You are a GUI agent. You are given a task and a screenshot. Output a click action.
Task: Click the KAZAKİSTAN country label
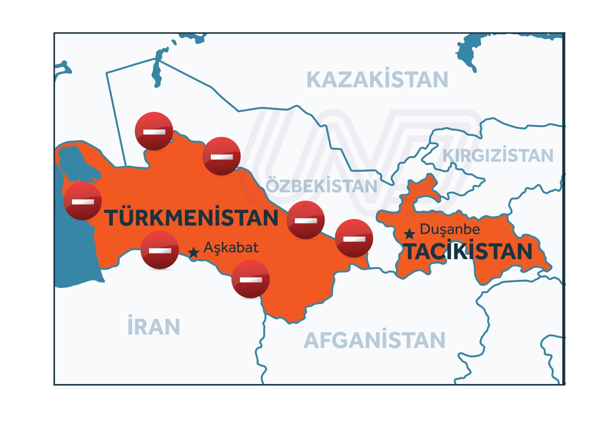(377, 80)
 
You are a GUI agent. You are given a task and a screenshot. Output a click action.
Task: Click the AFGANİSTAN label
(374, 340)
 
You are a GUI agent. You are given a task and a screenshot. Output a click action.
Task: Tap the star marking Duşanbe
(409, 234)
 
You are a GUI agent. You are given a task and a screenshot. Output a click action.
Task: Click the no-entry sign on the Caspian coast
(83, 201)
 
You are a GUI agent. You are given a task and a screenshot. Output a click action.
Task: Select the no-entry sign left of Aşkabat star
(160, 250)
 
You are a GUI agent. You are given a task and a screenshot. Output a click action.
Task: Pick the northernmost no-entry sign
(154, 131)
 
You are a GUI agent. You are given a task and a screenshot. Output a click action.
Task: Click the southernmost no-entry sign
(250, 279)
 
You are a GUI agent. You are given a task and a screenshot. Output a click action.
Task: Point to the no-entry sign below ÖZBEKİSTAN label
(305, 220)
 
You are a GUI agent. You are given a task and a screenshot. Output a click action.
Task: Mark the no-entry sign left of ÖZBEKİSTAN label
(221, 156)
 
